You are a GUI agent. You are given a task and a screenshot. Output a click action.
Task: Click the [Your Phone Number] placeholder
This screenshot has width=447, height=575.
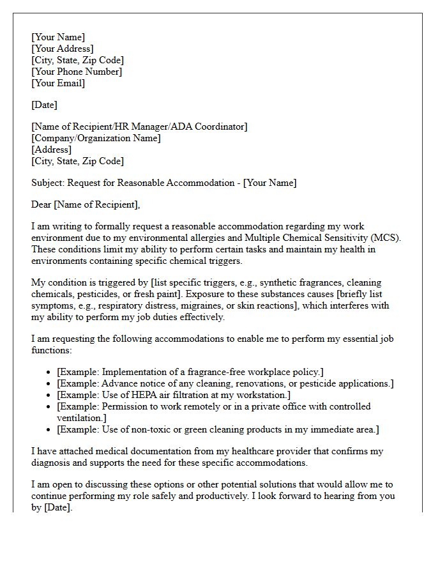pos(77,72)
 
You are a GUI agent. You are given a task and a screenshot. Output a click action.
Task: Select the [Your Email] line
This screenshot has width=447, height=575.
pos(58,83)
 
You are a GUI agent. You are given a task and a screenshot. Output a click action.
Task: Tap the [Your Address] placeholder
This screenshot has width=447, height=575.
pos(63,49)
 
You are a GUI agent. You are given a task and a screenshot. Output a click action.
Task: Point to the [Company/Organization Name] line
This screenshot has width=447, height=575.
pos(96,138)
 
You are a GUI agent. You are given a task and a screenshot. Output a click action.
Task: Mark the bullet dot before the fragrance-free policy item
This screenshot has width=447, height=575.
pos(49,372)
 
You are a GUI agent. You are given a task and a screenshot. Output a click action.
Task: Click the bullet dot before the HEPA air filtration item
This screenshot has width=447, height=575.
pos(49,395)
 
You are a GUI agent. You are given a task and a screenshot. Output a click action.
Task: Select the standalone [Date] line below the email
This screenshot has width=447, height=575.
pos(45,105)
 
